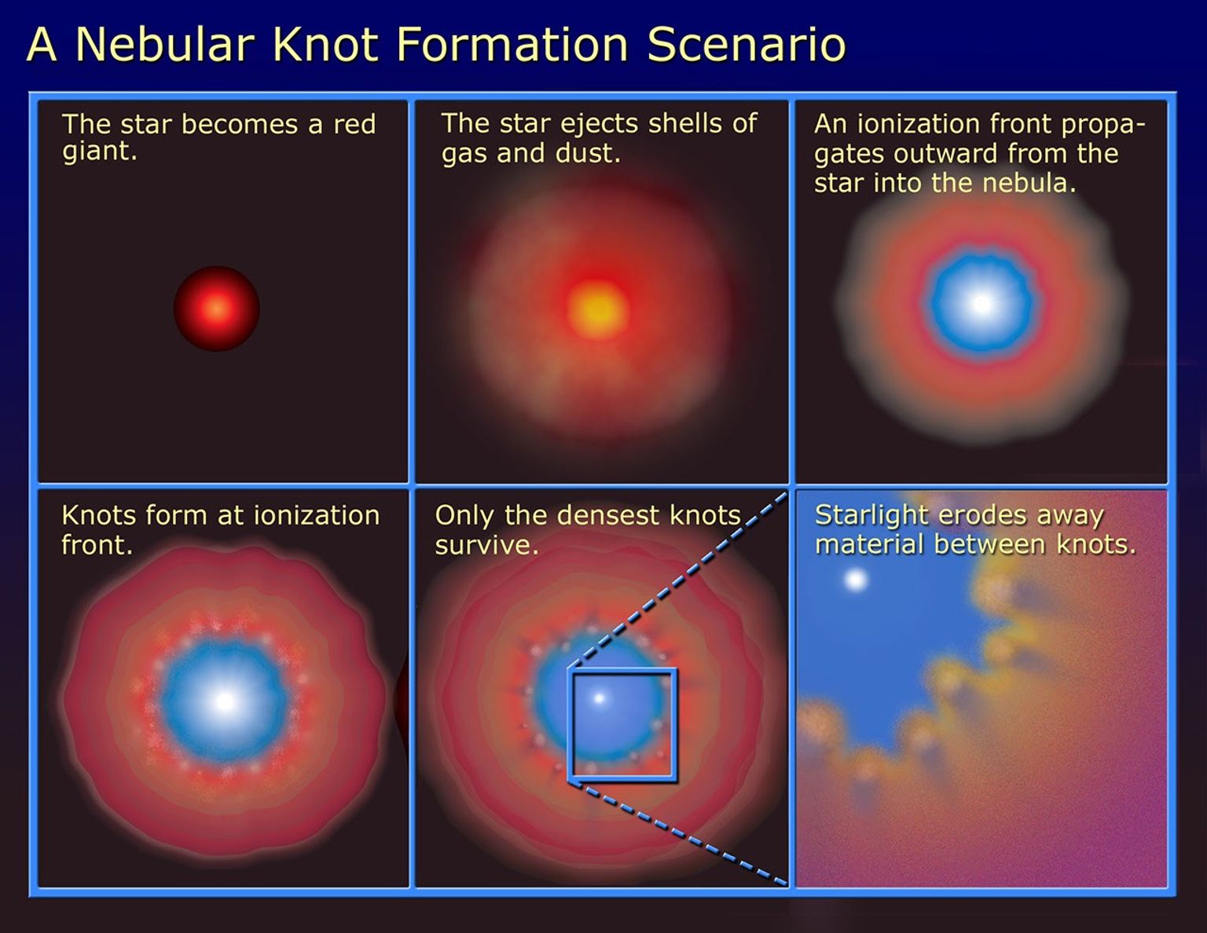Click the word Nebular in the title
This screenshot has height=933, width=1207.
pos(164,44)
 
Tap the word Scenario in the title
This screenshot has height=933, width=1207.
pos(746,44)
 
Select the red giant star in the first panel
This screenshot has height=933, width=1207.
pos(217,309)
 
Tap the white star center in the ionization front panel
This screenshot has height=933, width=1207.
pos(981,303)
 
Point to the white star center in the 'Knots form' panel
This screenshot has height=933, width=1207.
pos(225,701)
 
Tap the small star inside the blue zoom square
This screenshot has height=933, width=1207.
pos(600,697)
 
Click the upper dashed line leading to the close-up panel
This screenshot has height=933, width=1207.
pos(676,582)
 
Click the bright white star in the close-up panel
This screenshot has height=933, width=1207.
pos(855,580)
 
